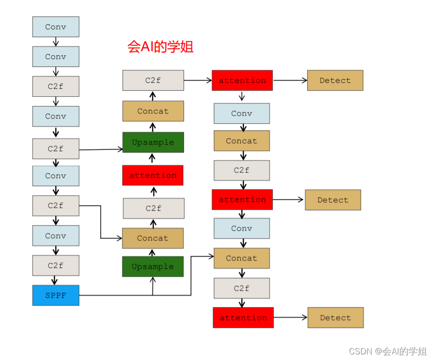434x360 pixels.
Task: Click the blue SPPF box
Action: click(56, 295)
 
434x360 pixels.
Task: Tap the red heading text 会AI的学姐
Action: click(160, 47)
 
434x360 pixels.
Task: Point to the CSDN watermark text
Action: click(388, 351)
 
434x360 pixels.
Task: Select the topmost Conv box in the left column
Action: click(56, 27)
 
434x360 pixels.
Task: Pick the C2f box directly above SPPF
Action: click(56, 266)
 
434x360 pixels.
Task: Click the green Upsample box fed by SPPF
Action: click(153, 267)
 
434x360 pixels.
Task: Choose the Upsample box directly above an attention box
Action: click(153, 142)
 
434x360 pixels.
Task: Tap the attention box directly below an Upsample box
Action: click(153, 175)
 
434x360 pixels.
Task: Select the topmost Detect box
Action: click(335, 80)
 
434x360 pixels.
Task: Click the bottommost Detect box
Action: click(335, 318)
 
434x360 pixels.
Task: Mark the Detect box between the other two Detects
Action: click(333, 200)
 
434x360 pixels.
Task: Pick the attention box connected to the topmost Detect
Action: click(242, 80)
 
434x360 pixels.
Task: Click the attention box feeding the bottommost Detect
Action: click(243, 318)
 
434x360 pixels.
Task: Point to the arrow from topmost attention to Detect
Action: click(290, 80)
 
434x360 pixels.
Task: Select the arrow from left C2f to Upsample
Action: click(101, 149)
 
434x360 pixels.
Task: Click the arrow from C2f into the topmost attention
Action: click(197, 80)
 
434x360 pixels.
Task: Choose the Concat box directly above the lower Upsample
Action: click(153, 238)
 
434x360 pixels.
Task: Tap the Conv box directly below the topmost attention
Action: click(242, 113)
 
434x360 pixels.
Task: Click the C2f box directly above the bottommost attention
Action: click(242, 288)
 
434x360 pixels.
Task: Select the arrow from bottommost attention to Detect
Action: click(290, 318)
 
